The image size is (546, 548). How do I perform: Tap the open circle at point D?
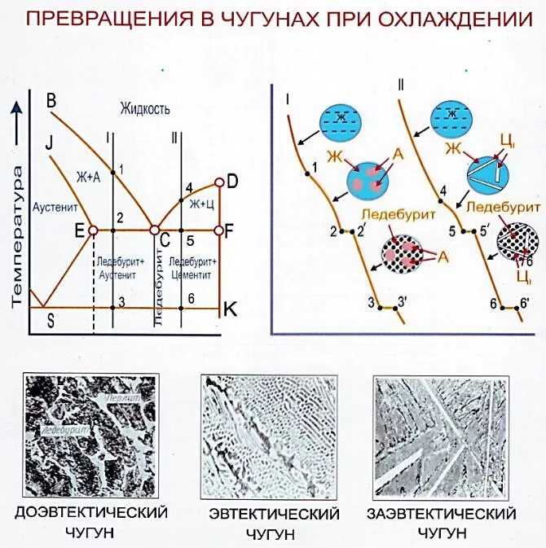point(218,183)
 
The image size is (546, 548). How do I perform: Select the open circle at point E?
point(93,230)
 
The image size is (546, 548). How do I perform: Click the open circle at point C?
point(155,230)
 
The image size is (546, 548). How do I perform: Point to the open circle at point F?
point(218,230)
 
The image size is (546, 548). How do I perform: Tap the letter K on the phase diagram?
point(231,309)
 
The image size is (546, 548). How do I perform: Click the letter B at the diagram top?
point(51,101)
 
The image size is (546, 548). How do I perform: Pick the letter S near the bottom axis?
point(51,320)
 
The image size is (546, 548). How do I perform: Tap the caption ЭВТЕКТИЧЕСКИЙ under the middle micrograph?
point(274,515)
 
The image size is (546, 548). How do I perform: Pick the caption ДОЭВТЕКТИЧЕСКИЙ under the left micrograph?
point(91,513)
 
